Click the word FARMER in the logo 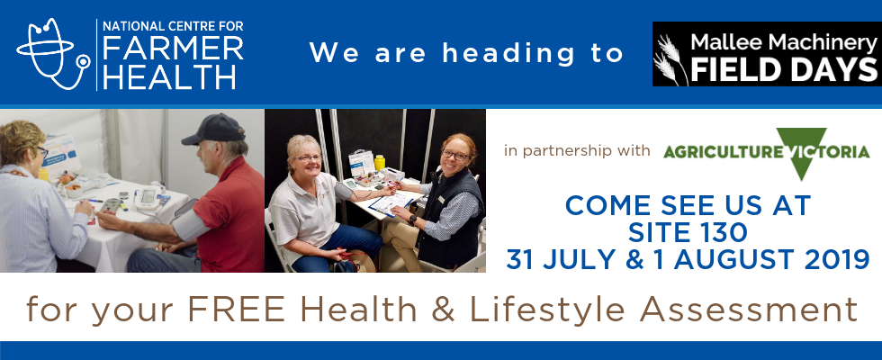tap(173, 49)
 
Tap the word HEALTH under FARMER tap(169, 76)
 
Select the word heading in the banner tap(508, 53)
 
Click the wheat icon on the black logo tap(670, 59)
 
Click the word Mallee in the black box tap(720, 42)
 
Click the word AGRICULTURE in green tap(722, 152)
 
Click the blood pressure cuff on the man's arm tap(190, 221)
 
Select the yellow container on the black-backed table tap(380, 163)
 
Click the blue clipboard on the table tap(391, 203)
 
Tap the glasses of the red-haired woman tap(454, 155)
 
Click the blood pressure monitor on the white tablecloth tap(148, 199)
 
